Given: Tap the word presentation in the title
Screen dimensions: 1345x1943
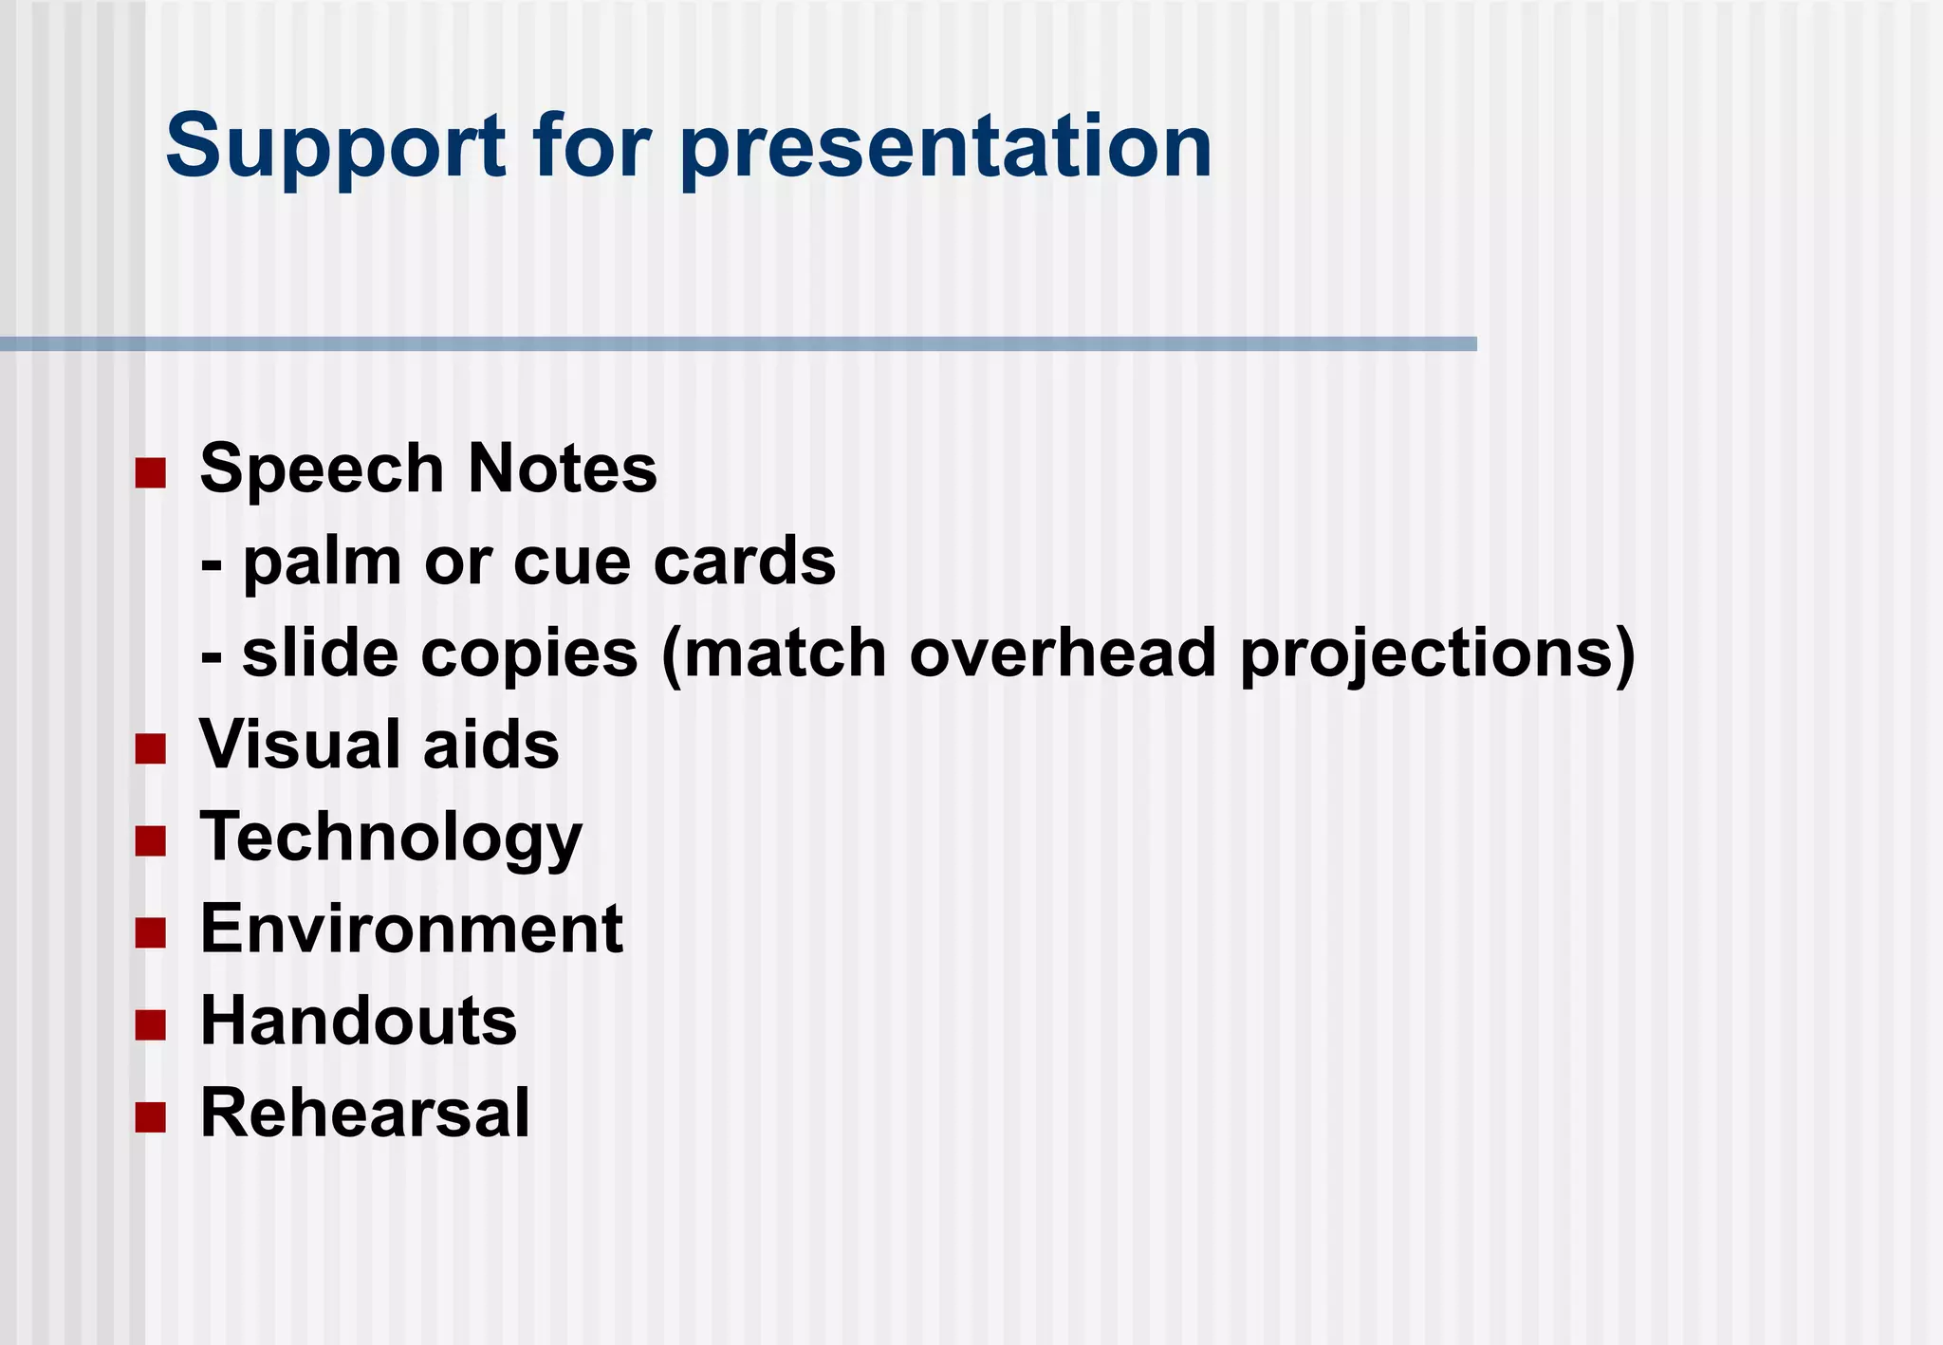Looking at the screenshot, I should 945,147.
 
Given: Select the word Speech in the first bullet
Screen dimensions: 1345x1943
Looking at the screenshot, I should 322,470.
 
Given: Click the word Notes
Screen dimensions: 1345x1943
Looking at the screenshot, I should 562,470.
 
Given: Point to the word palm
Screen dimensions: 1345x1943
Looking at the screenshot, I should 323,562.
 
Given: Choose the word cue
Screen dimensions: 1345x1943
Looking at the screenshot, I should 572,562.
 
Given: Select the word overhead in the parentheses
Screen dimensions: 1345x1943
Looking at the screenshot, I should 1063,654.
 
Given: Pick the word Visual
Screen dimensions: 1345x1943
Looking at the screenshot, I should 301,745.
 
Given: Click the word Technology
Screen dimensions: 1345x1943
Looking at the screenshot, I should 391,838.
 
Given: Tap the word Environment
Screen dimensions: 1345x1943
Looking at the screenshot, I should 412,929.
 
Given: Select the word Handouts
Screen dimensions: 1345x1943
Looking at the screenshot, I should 359,1022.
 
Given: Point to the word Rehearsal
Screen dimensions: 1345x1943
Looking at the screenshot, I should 365,1113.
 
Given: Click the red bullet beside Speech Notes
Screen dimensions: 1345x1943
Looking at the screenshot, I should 151,472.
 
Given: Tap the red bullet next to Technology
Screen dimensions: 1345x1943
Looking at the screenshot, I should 151,840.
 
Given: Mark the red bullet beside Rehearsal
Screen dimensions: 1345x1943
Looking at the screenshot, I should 151,1117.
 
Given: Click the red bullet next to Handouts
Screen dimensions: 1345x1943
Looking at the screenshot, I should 151,1025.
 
